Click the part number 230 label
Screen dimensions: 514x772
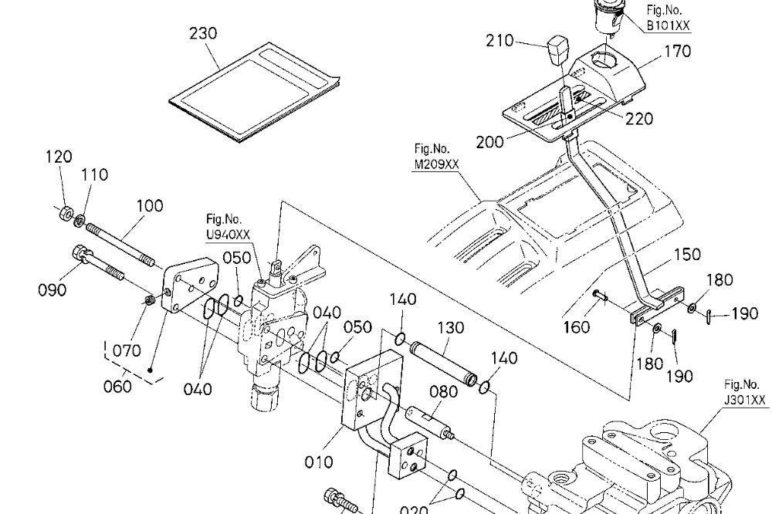[203, 33]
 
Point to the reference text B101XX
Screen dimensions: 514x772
[669, 25]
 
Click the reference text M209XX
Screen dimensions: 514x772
[437, 163]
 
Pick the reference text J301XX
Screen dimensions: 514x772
[746, 399]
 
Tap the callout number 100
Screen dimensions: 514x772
[150, 205]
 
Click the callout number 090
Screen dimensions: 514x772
[52, 290]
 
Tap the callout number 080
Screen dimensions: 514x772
[444, 392]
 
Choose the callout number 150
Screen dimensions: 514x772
[686, 254]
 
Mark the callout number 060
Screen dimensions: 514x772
[118, 385]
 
